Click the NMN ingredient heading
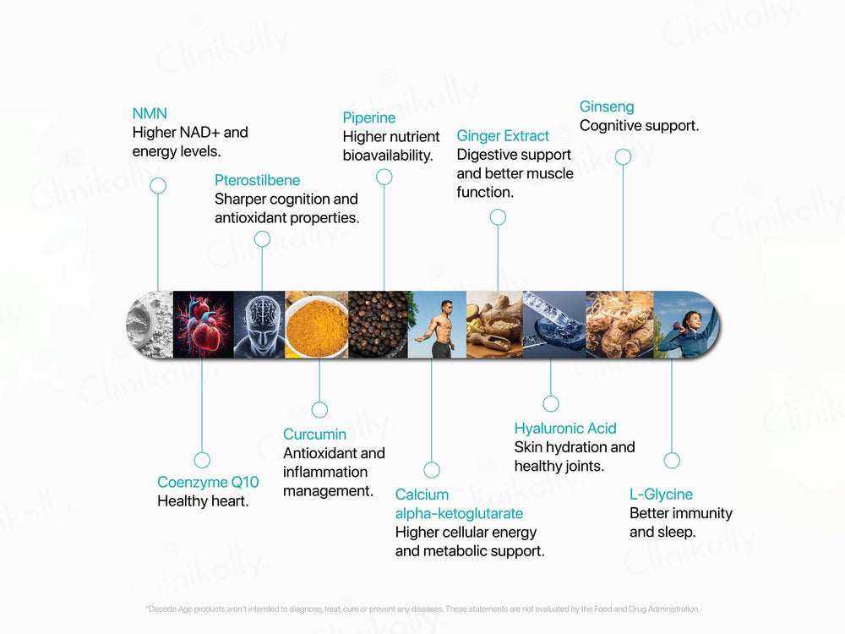[150, 113]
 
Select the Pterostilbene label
[257, 180]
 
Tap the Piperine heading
[369, 118]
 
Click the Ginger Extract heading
[503, 136]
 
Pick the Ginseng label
[607, 107]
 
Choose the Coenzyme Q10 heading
[208, 483]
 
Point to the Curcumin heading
[314, 435]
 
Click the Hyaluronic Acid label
[565, 429]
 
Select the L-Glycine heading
[661, 495]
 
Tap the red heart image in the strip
[203, 325]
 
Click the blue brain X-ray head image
[259, 325]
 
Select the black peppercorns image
[378, 325]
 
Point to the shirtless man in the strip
[437, 325]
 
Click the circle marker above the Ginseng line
[623, 156]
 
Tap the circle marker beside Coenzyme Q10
[202, 461]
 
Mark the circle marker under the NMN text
[158, 186]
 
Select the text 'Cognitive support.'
[639, 126]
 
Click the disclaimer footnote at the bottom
[422, 609]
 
